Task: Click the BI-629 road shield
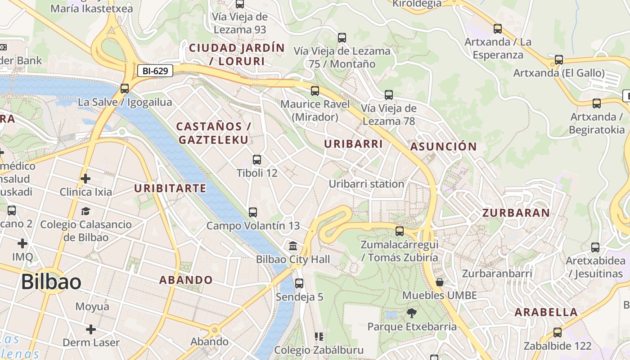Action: pos(155,71)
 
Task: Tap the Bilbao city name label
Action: pos(51,282)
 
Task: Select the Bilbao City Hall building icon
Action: pos(293,246)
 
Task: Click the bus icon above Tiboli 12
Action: pos(256,160)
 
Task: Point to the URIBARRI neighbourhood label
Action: pos(353,144)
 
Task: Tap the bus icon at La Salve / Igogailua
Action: pos(125,89)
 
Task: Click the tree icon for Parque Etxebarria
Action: pos(411,313)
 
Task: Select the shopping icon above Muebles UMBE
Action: pos(440,282)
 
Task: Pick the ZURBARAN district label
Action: pos(516,213)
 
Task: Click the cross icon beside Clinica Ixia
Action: pos(85,179)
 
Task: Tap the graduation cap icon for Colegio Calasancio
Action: pos(85,211)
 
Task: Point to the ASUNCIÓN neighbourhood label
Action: pos(443,147)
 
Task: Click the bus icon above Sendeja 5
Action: pos(299,283)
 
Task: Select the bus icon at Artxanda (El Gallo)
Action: pos(558,60)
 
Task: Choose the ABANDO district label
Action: pos(186,280)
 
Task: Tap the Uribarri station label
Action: pos(366,184)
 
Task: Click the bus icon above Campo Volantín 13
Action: pos(253,212)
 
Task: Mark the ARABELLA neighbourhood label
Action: pos(546,312)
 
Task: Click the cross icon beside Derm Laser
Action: pos(91,329)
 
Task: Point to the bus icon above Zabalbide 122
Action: pos(558,333)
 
